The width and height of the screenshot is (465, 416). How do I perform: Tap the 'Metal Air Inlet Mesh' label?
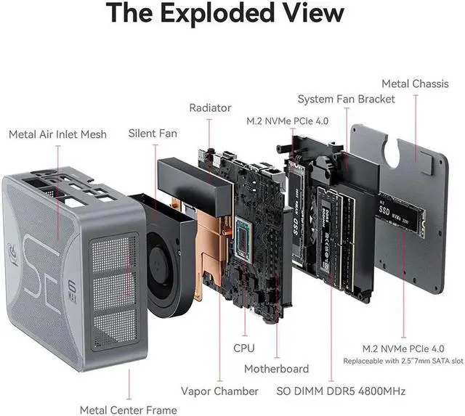[57, 134]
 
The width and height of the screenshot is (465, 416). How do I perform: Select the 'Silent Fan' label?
[153, 133]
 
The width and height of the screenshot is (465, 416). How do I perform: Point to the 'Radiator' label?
[210, 107]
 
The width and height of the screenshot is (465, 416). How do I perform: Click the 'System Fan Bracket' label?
[347, 98]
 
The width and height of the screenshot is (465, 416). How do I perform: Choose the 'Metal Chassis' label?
[415, 83]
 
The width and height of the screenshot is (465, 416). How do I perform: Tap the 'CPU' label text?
[244, 348]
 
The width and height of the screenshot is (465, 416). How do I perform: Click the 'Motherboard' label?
[276, 369]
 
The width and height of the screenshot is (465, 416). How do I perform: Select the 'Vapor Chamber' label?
[219, 391]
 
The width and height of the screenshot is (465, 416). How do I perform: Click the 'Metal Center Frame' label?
[128, 410]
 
